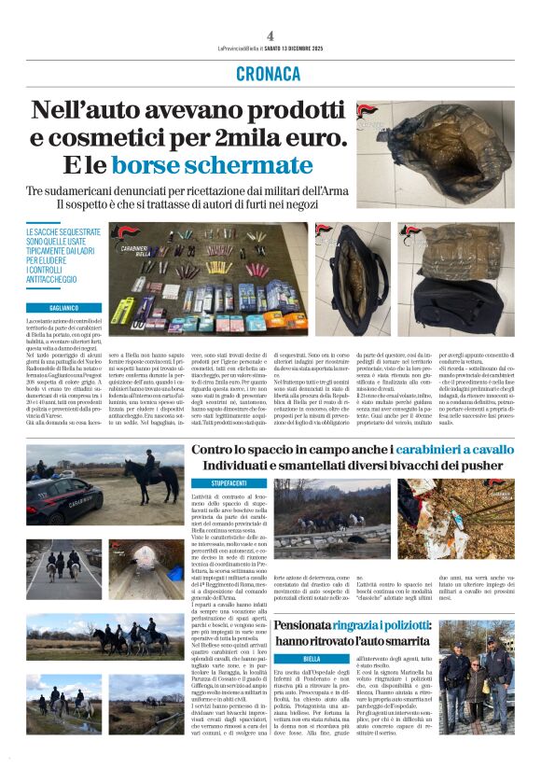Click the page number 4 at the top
(270, 35)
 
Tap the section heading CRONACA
(269, 74)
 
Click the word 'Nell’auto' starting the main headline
(93, 110)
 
